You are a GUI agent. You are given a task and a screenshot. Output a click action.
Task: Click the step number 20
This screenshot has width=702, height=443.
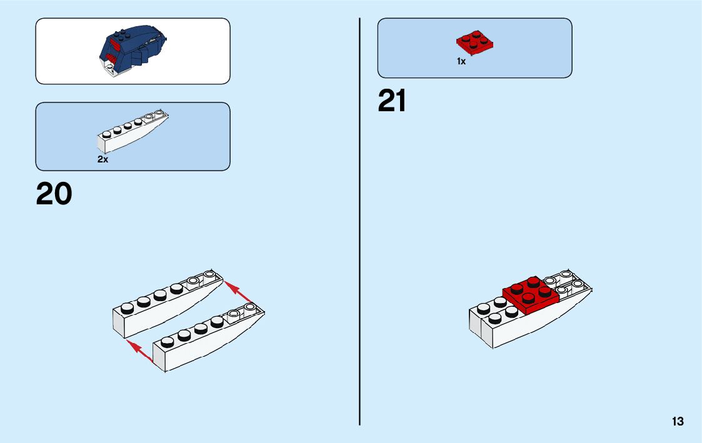[x=54, y=194]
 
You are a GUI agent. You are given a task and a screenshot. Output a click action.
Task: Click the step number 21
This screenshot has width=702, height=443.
[x=392, y=101]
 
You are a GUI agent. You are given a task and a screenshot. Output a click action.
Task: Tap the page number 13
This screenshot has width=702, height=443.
[x=678, y=422]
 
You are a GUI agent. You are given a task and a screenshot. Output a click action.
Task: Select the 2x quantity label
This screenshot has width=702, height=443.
[x=103, y=159]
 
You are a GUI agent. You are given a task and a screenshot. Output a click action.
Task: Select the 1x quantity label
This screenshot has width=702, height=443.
[x=461, y=61]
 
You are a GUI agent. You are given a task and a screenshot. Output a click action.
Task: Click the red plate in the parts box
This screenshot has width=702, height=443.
[x=474, y=42]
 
